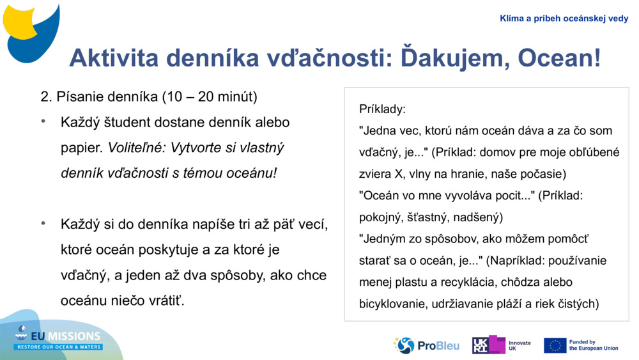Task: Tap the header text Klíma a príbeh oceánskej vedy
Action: tap(564, 19)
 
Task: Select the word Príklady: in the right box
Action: tap(382, 109)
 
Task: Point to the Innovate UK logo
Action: tap(502, 345)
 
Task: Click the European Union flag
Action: tap(555, 345)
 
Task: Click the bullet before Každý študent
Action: tap(44, 121)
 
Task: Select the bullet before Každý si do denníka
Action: tap(44, 224)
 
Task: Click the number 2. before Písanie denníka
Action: tap(45, 97)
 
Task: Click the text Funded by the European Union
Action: tap(594, 345)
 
